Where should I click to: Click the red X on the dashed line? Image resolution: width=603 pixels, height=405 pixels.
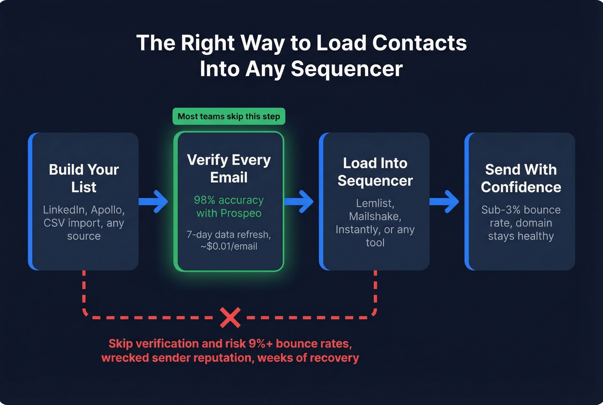point(230,318)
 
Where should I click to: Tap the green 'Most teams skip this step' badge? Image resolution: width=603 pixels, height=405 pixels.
point(229,116)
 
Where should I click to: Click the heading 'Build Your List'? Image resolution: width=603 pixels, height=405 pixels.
point(84,178)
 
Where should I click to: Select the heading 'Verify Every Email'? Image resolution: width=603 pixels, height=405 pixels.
point(229,169)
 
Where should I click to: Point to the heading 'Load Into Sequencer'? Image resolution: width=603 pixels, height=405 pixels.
point(375,172)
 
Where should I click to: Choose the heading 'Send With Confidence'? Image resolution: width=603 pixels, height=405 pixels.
point(521,178)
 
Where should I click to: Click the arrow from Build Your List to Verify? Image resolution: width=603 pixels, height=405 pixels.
point(154,201)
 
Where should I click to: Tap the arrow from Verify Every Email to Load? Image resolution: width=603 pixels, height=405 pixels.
point(300,201)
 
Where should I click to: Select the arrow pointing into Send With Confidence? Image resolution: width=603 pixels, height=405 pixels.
point(445,201)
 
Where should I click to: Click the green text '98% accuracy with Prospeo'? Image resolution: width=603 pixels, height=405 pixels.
point(229,207)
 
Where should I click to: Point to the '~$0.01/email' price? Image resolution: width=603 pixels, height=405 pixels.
point(229,246)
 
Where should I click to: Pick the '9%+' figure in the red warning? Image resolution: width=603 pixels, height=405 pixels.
point(260,344)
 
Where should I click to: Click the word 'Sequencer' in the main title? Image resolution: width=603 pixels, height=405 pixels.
point(346,69)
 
